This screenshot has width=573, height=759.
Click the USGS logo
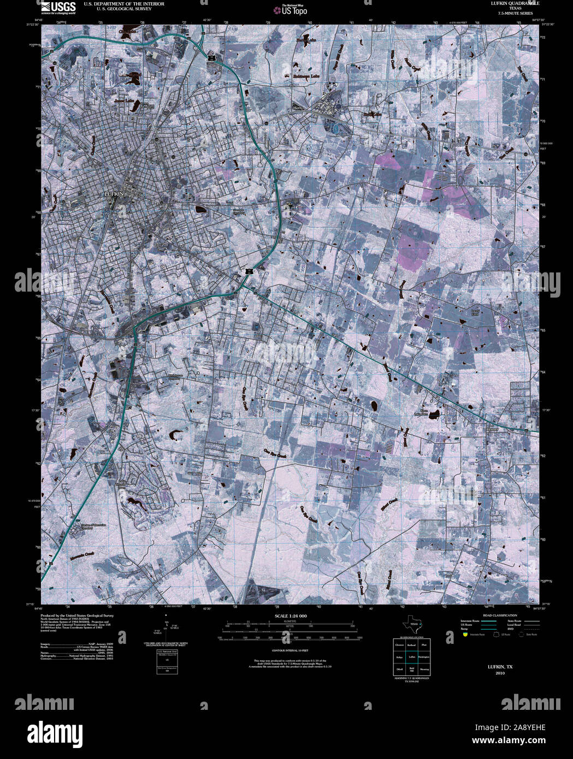click(x=58, y=7)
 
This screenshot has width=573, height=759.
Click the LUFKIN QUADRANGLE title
click(x=500, y=3)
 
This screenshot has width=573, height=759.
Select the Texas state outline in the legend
click(x=411, y=625)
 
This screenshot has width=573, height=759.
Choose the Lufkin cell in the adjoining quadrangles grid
click(x=412, y=657)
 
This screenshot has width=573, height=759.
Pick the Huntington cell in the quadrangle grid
click(x=424, y=657)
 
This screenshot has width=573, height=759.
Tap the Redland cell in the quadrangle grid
click(x=412, y=645)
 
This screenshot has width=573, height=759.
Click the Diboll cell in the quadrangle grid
click(x=399, y=669)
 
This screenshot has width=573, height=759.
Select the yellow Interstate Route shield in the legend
click(x=464, y=635)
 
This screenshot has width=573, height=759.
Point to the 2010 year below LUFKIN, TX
click(x=500, y=673)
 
